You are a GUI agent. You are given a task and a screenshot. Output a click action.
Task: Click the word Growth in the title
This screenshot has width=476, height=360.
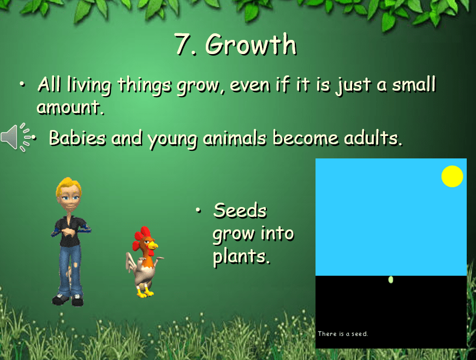tap(251, 44)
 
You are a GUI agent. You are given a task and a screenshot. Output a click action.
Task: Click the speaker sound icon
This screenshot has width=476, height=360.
tap(16, 137)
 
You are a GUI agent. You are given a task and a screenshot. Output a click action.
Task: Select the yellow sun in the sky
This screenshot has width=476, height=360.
tap(452, 176)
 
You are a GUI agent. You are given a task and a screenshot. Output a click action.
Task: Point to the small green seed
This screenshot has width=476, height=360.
tap(391, 280)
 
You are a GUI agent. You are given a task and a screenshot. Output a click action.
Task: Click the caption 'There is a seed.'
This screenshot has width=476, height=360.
tap(343, 334)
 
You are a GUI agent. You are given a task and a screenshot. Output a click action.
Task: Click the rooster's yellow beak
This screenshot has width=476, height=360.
tap(153, 245)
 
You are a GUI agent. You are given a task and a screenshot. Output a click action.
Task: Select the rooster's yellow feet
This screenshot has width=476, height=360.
tap(145, 292)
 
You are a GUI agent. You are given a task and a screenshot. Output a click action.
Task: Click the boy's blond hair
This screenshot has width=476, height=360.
tap(68, 186)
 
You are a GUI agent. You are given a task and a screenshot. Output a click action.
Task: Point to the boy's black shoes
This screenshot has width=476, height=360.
tap(68, 300)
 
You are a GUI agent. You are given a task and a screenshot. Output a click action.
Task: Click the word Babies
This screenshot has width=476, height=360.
tap(78, 138)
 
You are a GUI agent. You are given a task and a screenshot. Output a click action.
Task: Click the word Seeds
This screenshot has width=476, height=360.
tap(240, 210)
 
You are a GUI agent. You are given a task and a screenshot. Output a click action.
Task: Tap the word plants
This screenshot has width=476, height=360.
tap(241, 257)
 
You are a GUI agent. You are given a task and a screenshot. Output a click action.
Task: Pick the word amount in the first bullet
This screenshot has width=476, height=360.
tap(70, 107)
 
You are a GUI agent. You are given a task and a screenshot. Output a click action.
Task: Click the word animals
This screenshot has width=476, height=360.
tap(234, 138)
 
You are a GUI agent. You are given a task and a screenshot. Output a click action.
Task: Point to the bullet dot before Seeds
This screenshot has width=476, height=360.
tap(198, 210)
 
